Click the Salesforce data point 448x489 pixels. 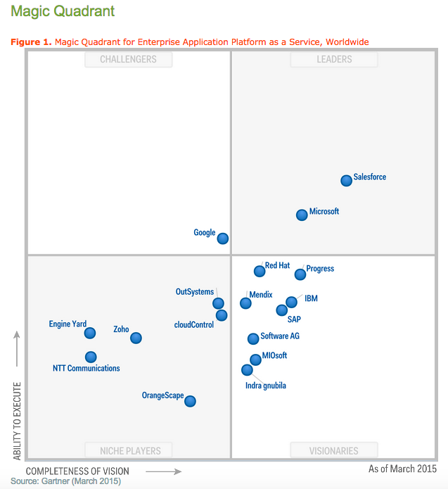coord(346,181)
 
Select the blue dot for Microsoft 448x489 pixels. coord(302,215)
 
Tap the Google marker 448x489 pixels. coord(223,239)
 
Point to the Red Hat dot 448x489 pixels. coord(260,270)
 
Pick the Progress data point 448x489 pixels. coord(300,274)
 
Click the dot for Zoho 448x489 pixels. coord(136,338)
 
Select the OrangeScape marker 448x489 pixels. coord(190,401)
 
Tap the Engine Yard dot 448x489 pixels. coord(90,333)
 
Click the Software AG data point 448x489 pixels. coord(253,338)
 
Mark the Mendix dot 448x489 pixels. coord(245,303)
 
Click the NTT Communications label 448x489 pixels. coord(87,368)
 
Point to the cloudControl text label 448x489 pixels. coord(194,324)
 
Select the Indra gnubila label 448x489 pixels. coord(266,386)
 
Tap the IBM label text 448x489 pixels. coord(311,298)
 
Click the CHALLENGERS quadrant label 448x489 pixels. coord(128,59)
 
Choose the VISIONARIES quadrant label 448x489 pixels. coord(334,450)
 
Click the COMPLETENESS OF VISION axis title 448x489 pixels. coord(77,471)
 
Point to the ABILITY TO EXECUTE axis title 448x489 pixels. coord(18,421)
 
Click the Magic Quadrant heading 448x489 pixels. coord(63,12)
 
